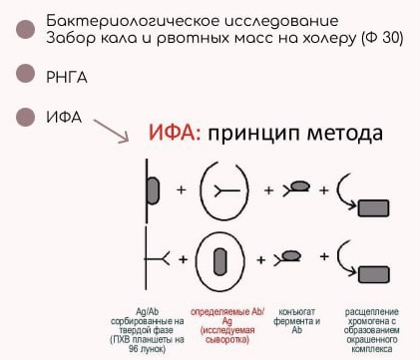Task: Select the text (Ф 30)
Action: (384, 39)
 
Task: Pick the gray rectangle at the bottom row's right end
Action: (373, 271)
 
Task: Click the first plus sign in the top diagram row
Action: (181, 188)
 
